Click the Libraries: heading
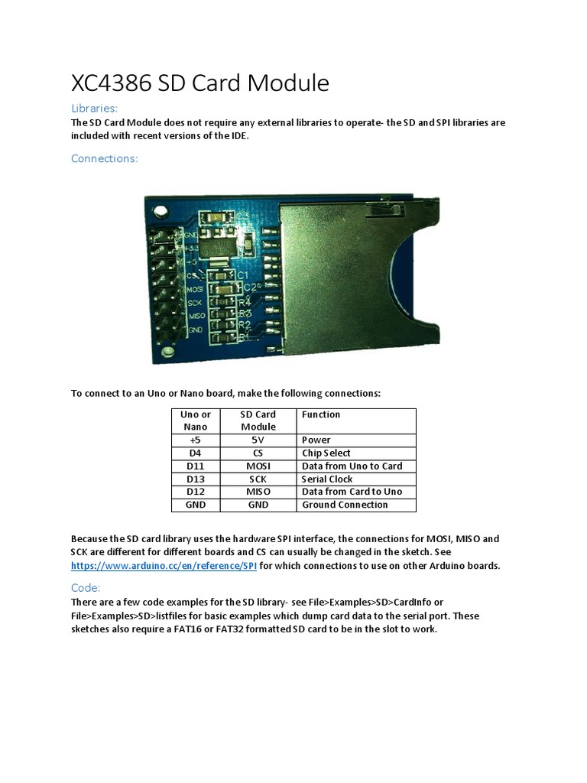94,109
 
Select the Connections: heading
104,158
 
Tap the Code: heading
86,588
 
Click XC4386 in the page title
112,83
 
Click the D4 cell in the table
195,453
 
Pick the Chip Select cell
326,453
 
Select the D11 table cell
195,466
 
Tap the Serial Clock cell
327,479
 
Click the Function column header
321,414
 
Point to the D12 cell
195,492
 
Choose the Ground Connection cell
345,505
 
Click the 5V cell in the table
258,440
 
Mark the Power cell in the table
316,440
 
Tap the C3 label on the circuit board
242,216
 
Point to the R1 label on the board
244,336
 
